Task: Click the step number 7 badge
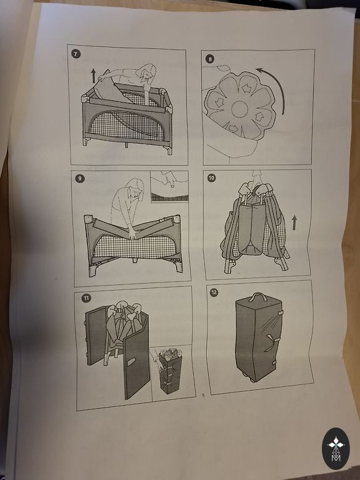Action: tap(76, 54)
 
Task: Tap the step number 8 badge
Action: tap(210, 59)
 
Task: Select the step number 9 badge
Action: tap(80, 179)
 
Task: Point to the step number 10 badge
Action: tap(211, 178)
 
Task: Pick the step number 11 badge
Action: tap(86, 298)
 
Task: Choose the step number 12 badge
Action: tap(214, 292)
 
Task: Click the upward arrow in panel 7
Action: tap(93, 76)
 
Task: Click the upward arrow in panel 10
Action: tap(294, 222)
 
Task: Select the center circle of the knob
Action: tap(239, 109)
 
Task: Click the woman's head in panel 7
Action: tap(147, 73)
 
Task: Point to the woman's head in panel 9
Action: tap(135, 189)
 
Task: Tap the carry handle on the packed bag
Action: tap(257, 297)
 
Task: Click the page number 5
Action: tap(202, 396)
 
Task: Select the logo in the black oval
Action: tap(336, 449)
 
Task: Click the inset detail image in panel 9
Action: tap(169, 186)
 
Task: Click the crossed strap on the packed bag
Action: tap(270, 342)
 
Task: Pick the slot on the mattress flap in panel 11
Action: tap(131, 362)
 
